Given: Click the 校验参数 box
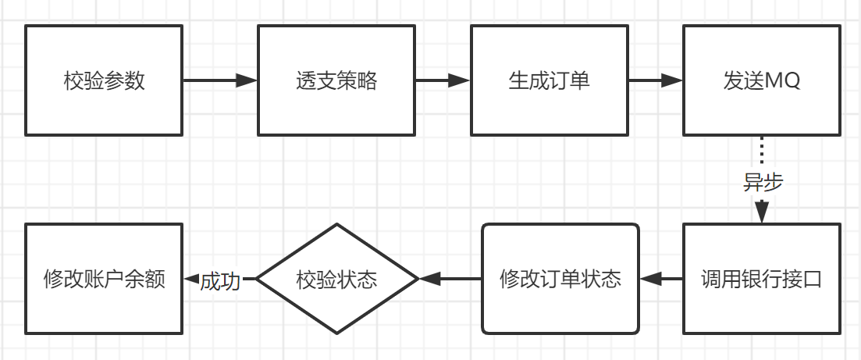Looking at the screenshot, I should (104, 80).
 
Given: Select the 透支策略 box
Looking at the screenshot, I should (336, 80).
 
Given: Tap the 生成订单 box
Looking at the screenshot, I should (549, 80).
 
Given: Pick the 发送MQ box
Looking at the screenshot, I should (762, 80).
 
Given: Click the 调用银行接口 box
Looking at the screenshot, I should (762, 279).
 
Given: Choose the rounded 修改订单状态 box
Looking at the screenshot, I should (560, 279).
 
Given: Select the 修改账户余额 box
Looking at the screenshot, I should (104, 279).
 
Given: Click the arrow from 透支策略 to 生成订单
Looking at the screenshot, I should (442, 80).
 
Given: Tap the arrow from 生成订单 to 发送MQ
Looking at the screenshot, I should (656, 80).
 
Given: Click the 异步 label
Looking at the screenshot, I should (763, 182).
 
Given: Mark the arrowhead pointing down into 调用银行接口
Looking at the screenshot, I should (762, 212).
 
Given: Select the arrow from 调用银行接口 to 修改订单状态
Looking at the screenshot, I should (661, 279).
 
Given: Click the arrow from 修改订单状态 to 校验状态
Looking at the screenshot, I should (450, 279).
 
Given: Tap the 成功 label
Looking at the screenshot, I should (219, 280).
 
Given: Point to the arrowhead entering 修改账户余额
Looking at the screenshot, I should (190, 279).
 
